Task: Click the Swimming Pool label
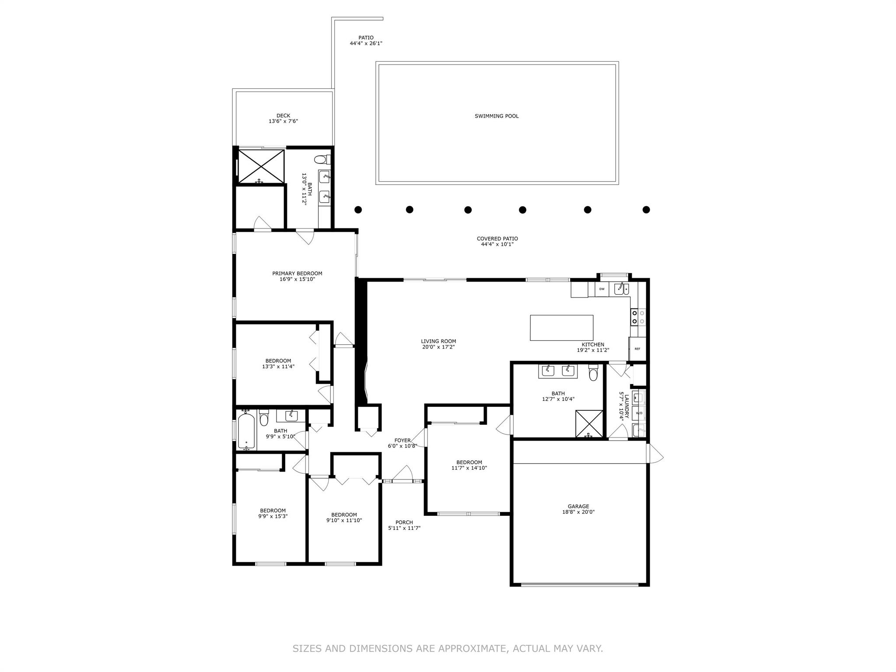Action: pos(497,116)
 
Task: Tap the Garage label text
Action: pos(578,506)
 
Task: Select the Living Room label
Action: pos(438,341)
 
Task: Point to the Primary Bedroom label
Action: pos(297,273)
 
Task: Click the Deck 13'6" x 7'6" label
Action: pos(283,119)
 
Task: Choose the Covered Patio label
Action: pos(497,239)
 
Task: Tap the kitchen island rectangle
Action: pos(562,328)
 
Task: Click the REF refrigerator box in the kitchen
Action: pos(637,349)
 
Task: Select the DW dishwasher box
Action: pos(602,289)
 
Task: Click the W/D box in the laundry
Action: pos(639,413)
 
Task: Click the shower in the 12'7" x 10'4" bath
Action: pos(589,423)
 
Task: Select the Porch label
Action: pos(404,522)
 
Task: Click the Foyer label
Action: pos(402,441)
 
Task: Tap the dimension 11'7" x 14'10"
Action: pos(469,468)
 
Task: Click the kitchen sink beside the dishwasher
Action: pos(621,288)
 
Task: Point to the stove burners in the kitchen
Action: pos(638,317)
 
